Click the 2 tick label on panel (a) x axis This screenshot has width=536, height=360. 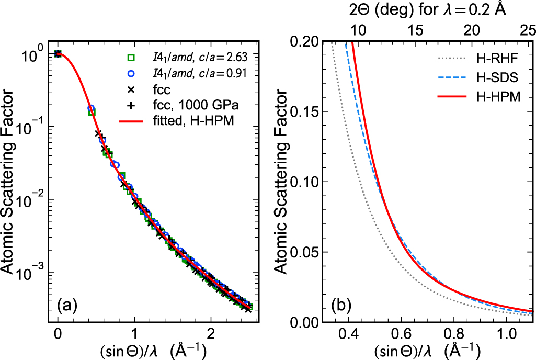pos(211,333)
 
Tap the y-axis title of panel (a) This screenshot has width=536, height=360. pos(12,181)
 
